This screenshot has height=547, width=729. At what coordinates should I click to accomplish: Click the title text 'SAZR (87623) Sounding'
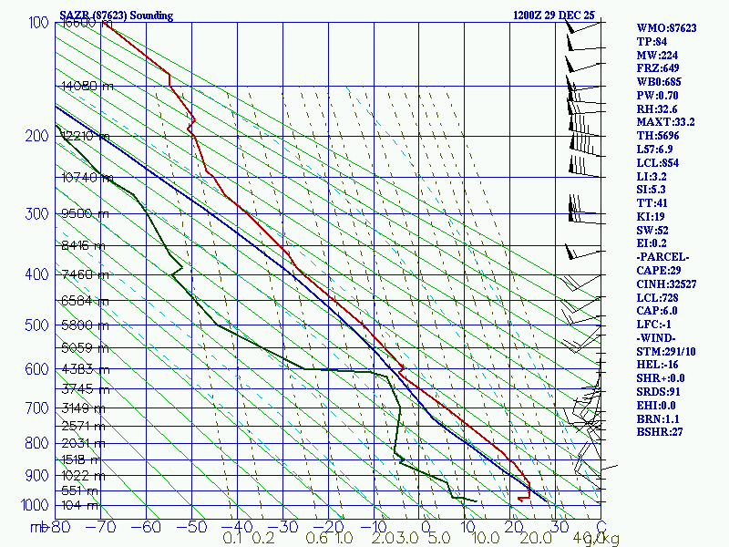(117, 15)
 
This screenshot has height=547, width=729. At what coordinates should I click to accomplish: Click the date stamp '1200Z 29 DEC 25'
(555, 15)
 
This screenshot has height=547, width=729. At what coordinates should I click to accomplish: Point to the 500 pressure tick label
(36, 325)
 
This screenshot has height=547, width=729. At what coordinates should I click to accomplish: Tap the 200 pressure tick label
(36, 137)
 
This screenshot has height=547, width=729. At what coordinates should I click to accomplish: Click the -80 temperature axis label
(61, 526)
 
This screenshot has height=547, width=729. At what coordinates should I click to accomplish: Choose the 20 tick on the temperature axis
(514, 526)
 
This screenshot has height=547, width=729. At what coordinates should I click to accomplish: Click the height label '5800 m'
(83, 325)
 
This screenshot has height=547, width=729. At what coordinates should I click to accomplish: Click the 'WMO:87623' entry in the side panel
(666, 28)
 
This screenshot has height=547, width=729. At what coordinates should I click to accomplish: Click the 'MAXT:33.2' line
(665, 122)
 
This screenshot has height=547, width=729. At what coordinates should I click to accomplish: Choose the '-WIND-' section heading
(658, 337)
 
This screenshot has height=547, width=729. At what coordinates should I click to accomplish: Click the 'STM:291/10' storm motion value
(667, 351)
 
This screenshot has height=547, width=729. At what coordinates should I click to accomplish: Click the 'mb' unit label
(40, 526)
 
